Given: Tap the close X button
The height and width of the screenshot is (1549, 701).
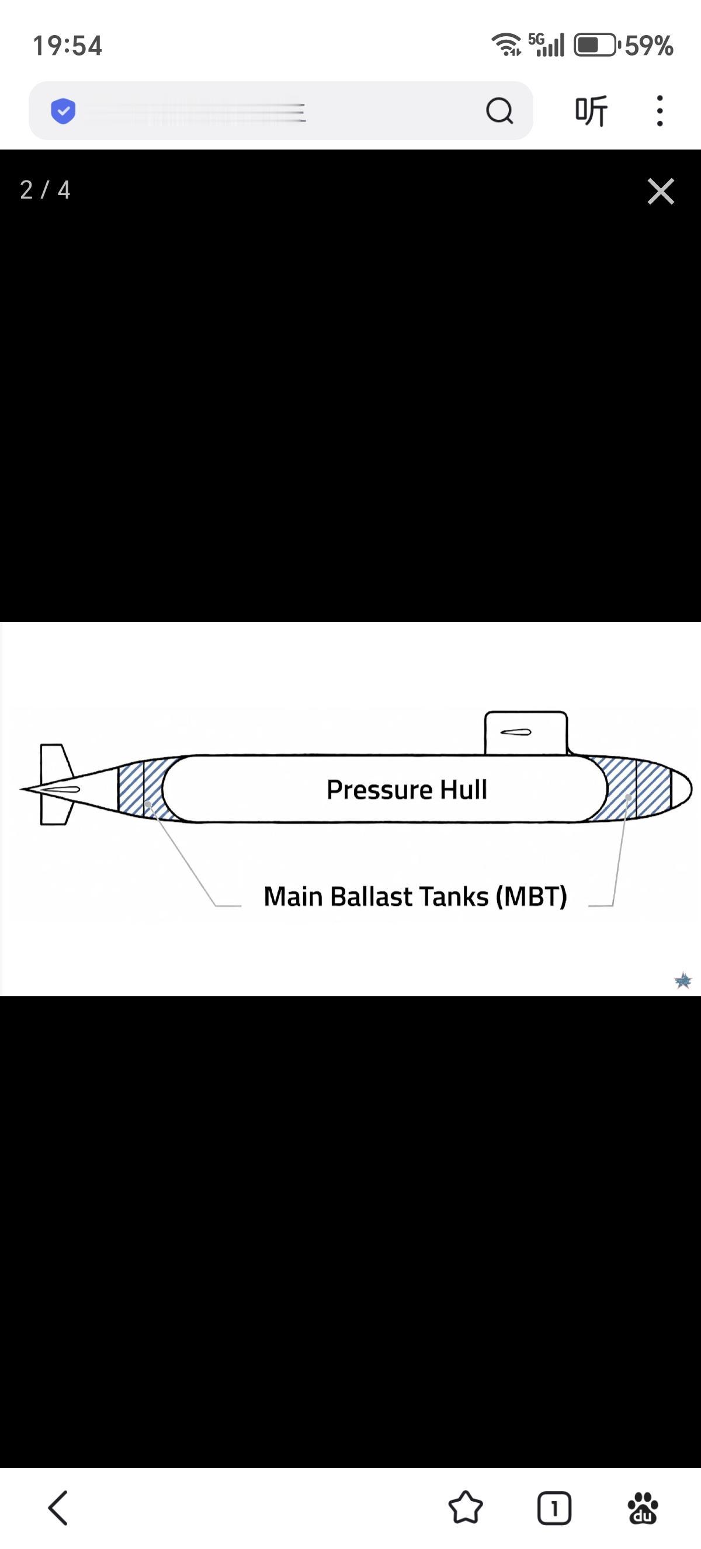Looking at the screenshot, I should coord(660,191).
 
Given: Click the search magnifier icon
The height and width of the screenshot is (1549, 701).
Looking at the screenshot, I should coord(499,110).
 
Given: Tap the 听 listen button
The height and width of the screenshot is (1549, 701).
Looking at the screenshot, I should coord(591,110).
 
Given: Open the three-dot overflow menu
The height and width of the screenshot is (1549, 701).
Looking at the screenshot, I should coord(660,110).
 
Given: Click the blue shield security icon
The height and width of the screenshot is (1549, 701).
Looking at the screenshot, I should coord(63,110).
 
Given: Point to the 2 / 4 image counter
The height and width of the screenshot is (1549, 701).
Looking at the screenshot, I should coord(45,190).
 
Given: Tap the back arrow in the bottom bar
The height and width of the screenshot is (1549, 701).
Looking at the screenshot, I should coord(58,1508).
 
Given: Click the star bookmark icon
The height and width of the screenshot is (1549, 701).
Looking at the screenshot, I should coord(466,1508).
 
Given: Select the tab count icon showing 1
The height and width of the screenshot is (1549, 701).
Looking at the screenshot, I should coord(554,1508).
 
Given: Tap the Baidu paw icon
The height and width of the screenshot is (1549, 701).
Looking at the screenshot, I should coord(642,1508).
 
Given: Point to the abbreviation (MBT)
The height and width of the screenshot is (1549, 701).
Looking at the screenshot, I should coord(532,897).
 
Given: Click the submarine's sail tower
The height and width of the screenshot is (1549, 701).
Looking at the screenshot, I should coord(525,733).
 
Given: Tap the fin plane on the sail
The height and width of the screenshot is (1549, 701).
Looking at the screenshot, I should coord(515,732).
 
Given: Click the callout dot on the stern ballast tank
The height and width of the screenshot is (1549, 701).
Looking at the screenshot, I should coord(148,803).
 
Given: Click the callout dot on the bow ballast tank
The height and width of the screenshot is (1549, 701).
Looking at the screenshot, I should coord(628,797).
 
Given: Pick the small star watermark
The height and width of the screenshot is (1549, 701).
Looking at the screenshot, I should coord(683,981).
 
